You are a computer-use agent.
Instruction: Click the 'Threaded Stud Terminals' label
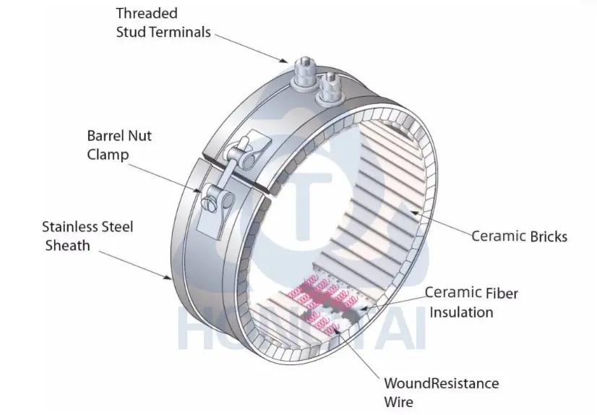click(163, 22)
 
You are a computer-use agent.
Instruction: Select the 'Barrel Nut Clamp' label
click(119, 145)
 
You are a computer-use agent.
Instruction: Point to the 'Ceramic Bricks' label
click(519, 236)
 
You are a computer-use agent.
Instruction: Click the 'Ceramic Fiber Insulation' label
click(471, 302)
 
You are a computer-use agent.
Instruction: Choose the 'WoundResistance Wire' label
click(441, 392)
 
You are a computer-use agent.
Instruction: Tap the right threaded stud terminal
click(330, 85)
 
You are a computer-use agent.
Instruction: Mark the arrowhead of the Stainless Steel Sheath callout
click(170, 278)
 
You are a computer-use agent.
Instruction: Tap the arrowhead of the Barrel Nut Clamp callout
click(203, 192)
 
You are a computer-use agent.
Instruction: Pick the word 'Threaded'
click(147, 13)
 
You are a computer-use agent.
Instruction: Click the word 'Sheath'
click(68, 246)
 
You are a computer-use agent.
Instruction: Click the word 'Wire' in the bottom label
click(399, 402)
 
